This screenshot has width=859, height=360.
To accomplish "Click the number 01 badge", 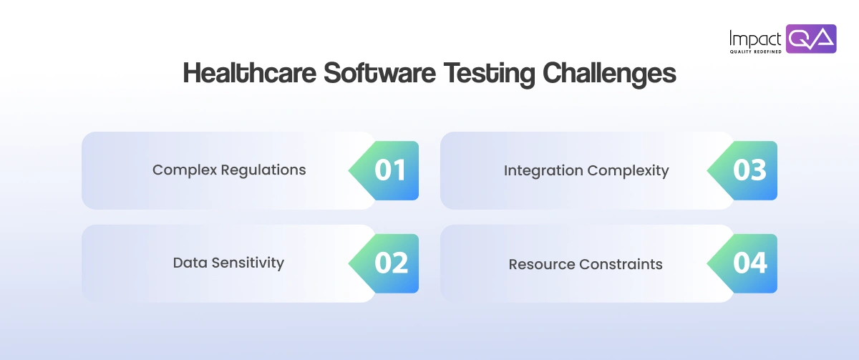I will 390,170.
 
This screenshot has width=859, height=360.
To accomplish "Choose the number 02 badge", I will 391,263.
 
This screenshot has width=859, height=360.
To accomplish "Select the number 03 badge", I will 749,170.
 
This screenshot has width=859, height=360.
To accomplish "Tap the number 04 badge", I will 749,263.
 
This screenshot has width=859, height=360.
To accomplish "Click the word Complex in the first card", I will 184,170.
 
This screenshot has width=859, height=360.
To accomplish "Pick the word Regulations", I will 263,170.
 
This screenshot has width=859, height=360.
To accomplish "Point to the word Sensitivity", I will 248,263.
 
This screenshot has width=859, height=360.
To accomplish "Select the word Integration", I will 543,170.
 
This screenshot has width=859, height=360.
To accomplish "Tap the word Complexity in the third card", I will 629,170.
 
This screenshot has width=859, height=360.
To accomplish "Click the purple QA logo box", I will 811,39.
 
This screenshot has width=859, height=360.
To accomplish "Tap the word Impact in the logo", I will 755,37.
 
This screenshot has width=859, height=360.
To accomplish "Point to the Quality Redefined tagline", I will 755,52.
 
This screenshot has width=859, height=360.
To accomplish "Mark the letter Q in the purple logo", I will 800,39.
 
